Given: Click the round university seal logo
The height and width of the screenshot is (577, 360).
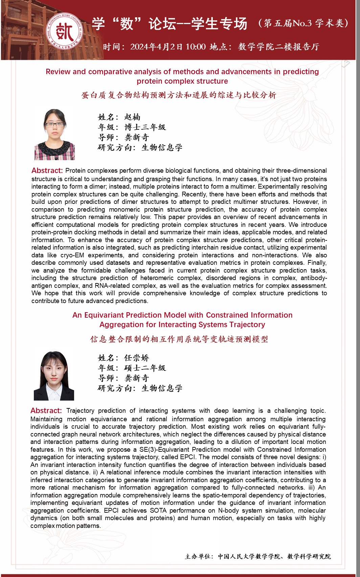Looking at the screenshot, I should pos(64,32).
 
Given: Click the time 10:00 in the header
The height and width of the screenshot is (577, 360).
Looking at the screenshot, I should pos(195,47).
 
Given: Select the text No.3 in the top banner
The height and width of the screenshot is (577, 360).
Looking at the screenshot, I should pos(302,23).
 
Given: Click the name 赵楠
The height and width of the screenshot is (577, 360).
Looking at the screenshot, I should pos(132,117).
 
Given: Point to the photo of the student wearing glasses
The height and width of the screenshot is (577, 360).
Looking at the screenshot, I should pos(54,134).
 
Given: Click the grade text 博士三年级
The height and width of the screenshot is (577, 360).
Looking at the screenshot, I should pos(145,127).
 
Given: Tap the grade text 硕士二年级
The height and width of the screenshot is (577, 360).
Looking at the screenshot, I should pos(145,368).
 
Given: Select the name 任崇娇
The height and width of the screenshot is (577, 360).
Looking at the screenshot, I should pos(136,358).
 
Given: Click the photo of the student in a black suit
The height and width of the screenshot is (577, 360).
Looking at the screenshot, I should pos(54,376).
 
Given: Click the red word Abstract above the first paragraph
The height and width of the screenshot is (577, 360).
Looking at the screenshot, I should pos(47,171).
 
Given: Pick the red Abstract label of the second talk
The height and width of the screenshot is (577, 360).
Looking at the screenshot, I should pos(46,411).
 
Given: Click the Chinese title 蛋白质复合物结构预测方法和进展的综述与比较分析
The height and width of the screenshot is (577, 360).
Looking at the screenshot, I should pos(179,95).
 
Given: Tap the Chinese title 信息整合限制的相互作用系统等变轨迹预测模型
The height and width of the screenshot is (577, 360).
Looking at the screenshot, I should pos(179,339).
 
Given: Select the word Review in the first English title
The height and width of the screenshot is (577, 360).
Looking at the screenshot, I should pos(58,72).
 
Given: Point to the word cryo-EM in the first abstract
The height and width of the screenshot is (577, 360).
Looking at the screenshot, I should pos(73,255).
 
